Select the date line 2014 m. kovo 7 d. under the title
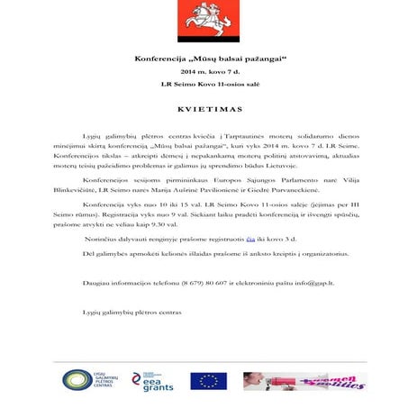pyautogui.click(x=203, y=70)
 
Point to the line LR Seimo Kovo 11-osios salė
pyautogui.click(x=203, y=84)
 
